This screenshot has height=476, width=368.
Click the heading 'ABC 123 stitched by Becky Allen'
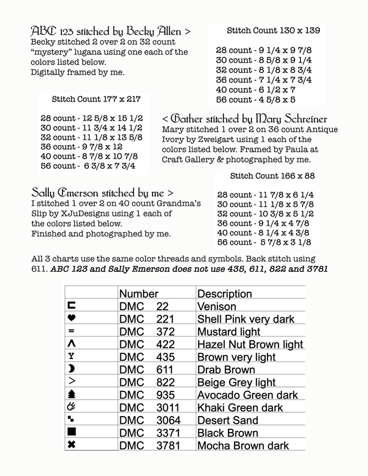[x=110, y=31]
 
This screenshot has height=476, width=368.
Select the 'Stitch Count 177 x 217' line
[x=96, y=99]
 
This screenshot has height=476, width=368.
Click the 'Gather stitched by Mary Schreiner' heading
[x=244, y=119]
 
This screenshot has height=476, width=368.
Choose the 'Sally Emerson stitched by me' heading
[x=102, y=193]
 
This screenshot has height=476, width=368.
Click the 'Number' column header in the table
[x=138, y=294]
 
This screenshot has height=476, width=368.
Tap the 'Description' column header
[x=224, y=294]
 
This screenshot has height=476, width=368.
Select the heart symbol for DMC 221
[x=71, y=318]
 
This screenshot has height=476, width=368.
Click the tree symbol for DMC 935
[x=71, y=394]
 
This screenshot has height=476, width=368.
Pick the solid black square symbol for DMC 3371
[x=71, y=433]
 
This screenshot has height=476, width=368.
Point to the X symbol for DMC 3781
[x=71, y=445]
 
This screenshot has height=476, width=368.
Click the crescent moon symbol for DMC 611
[x=71, y=369]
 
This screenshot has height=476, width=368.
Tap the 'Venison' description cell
[x=216, y=306]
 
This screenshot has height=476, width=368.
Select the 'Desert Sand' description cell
[x=227, y=420]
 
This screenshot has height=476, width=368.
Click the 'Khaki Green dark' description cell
[x=240, y=407]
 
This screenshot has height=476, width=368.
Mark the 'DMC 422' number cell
[x=147, y=344]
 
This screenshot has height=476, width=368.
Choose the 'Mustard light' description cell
[x=228, y=331]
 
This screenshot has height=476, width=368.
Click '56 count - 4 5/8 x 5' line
[x=255, y=99]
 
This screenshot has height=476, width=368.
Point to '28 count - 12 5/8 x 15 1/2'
[x=91, y=118]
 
